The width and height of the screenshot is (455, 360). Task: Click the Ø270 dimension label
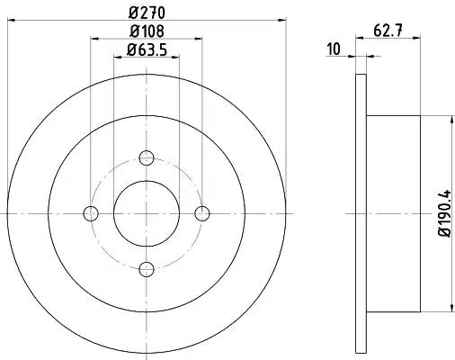click(x=147, y=13)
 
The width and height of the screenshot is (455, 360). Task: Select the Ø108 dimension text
click(x=147, y=31)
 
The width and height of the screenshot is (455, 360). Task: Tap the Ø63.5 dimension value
click(x=147, y=49)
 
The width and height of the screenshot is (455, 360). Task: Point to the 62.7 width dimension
click(x=388, y=31)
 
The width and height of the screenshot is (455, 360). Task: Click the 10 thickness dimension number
click(x=334, y=49)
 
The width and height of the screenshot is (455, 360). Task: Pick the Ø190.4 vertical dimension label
click(x=445, y=213)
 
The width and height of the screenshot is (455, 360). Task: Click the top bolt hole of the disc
click(x=147, y=157)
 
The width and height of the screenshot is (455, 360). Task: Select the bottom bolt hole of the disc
click(x=147, y=269)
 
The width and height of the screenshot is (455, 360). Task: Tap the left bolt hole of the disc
click(x=91, y=213)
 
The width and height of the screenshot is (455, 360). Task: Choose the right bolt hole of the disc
click(x=202, y=213)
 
